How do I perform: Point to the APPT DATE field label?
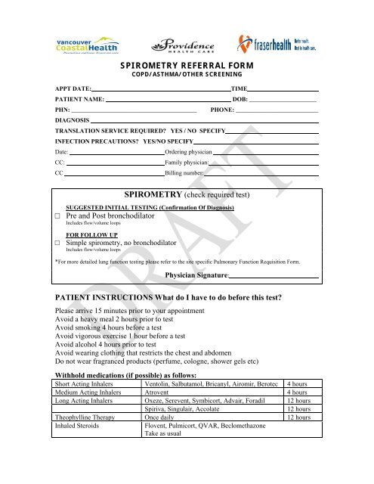point(73,89)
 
